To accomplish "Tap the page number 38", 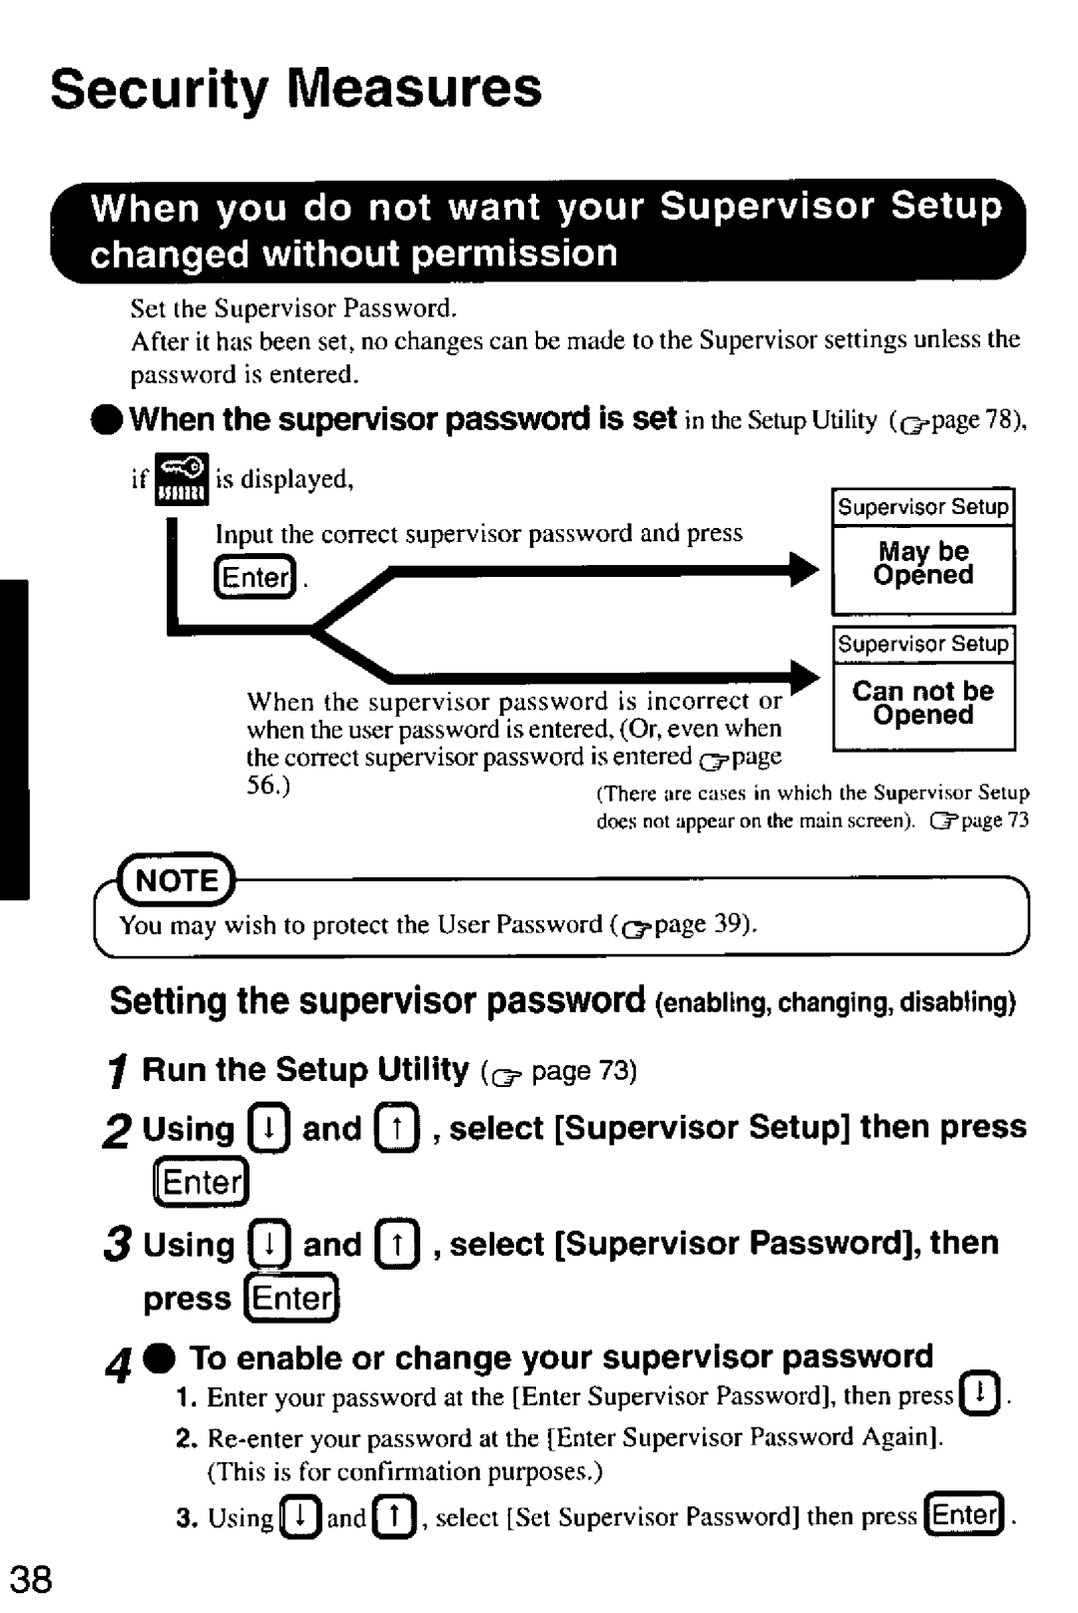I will click(30, 1580).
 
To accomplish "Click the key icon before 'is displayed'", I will click(182, 479).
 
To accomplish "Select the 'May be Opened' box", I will click(923, 565).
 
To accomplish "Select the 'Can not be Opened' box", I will click(923, 704).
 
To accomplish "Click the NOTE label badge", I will click(177, 880).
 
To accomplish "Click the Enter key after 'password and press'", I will click(255, 577).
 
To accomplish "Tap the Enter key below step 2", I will click(201, 1184).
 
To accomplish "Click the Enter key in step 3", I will click(292, 1299).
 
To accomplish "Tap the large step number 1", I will click(118, 1073).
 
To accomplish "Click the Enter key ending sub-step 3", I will click(964, 1515).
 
